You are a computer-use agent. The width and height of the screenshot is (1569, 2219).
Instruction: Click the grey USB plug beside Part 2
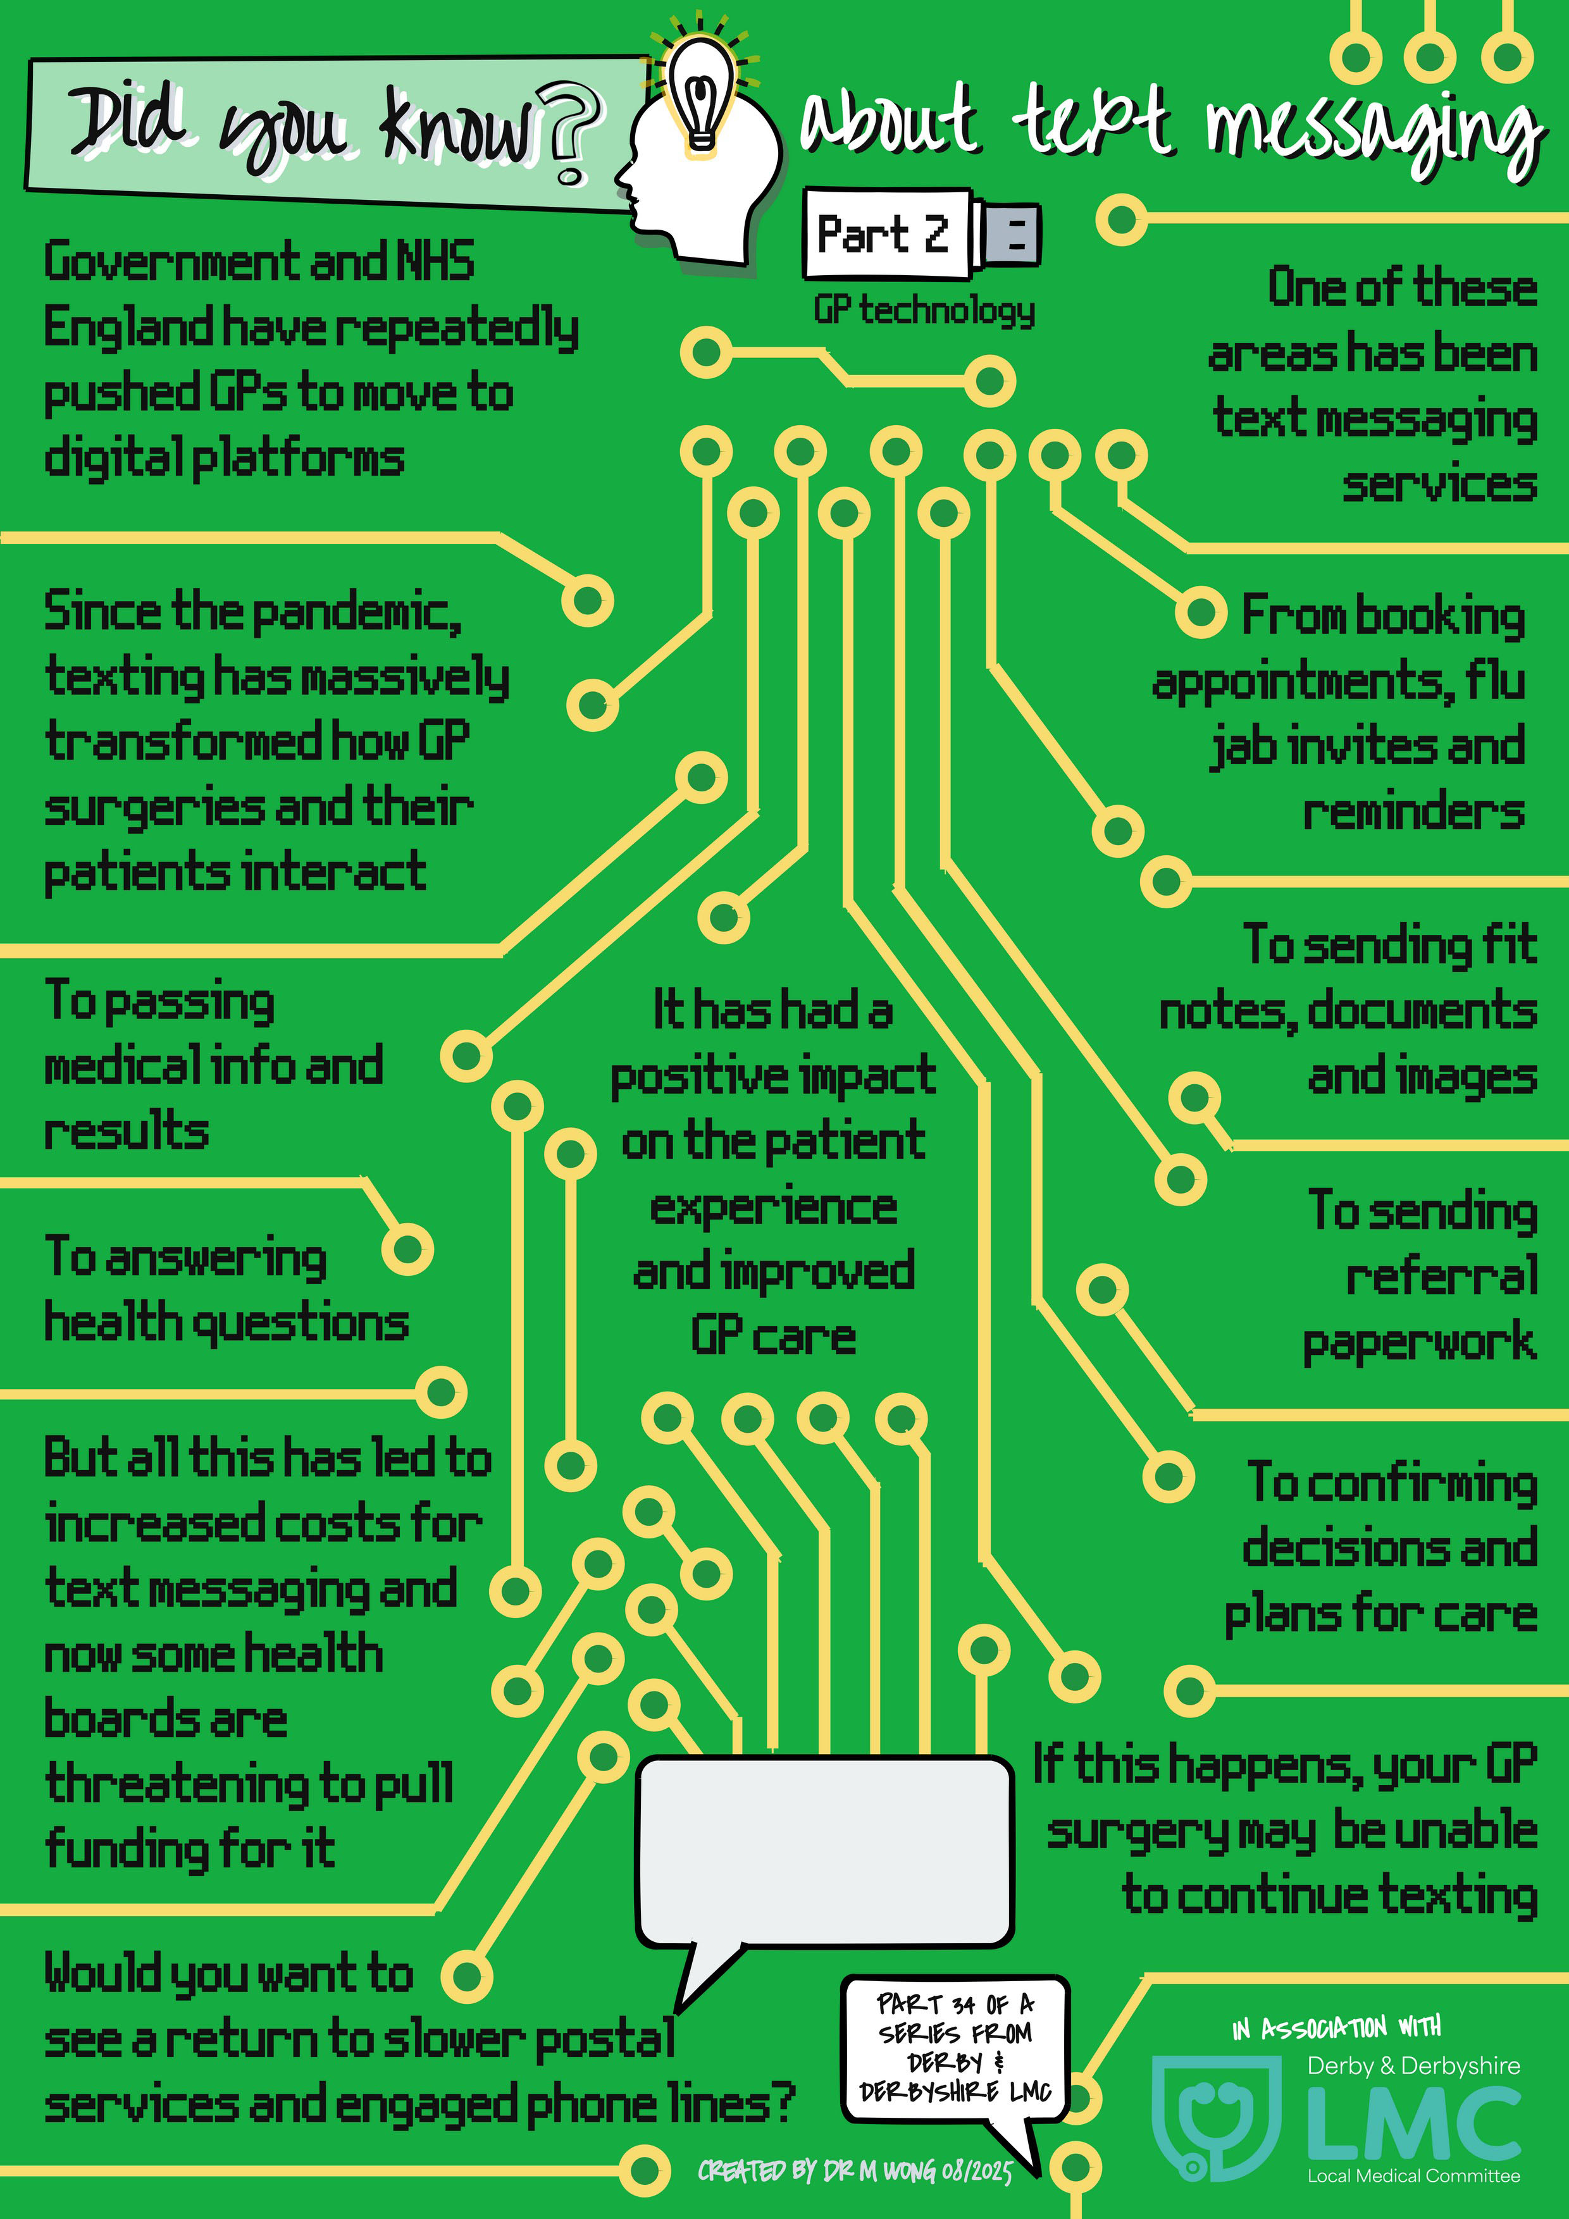[1005, 235]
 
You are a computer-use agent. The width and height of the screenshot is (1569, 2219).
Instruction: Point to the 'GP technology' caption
[924, 310]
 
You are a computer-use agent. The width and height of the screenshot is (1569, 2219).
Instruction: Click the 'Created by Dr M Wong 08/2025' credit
[855, 2172]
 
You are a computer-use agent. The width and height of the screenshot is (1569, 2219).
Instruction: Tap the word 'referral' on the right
[1441, 1276]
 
